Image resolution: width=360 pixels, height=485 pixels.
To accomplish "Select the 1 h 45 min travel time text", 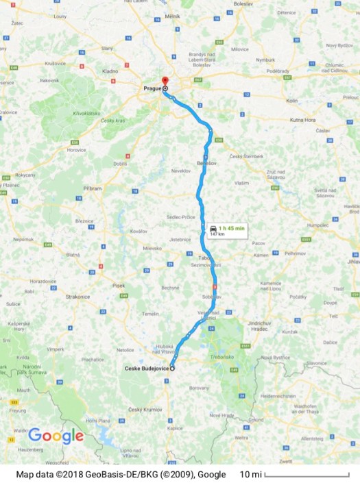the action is [x=230, y=228].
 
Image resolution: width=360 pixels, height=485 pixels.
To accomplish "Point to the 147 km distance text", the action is [x=217, y=234].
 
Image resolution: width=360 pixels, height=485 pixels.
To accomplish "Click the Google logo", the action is [x=56, y=436].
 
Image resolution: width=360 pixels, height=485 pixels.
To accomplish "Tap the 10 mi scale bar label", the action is [x=250, y=474].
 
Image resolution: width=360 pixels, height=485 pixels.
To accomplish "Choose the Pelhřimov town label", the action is [x=296, y=253].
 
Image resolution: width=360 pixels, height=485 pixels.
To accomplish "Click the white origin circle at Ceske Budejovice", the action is [x=172, y=369].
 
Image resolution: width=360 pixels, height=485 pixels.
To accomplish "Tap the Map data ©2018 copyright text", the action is [x=121, y=474].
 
